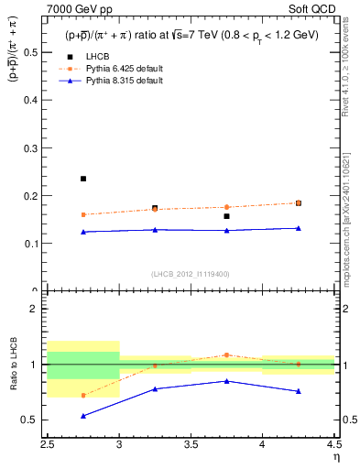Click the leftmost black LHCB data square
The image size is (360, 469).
[x=83, y=179]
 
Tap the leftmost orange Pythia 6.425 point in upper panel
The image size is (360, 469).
[x=83, y=214]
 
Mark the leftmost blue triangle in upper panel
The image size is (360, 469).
[x=83, y=232]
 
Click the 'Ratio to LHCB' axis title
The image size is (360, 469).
[x=14, y=365]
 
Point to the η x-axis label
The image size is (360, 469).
[x=336, y=456]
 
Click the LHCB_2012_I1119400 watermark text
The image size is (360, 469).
[x=190, y=274]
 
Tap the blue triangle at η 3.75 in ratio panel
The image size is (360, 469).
[x=226, y=381]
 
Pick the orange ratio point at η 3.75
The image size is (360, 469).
[x=226, y=354]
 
